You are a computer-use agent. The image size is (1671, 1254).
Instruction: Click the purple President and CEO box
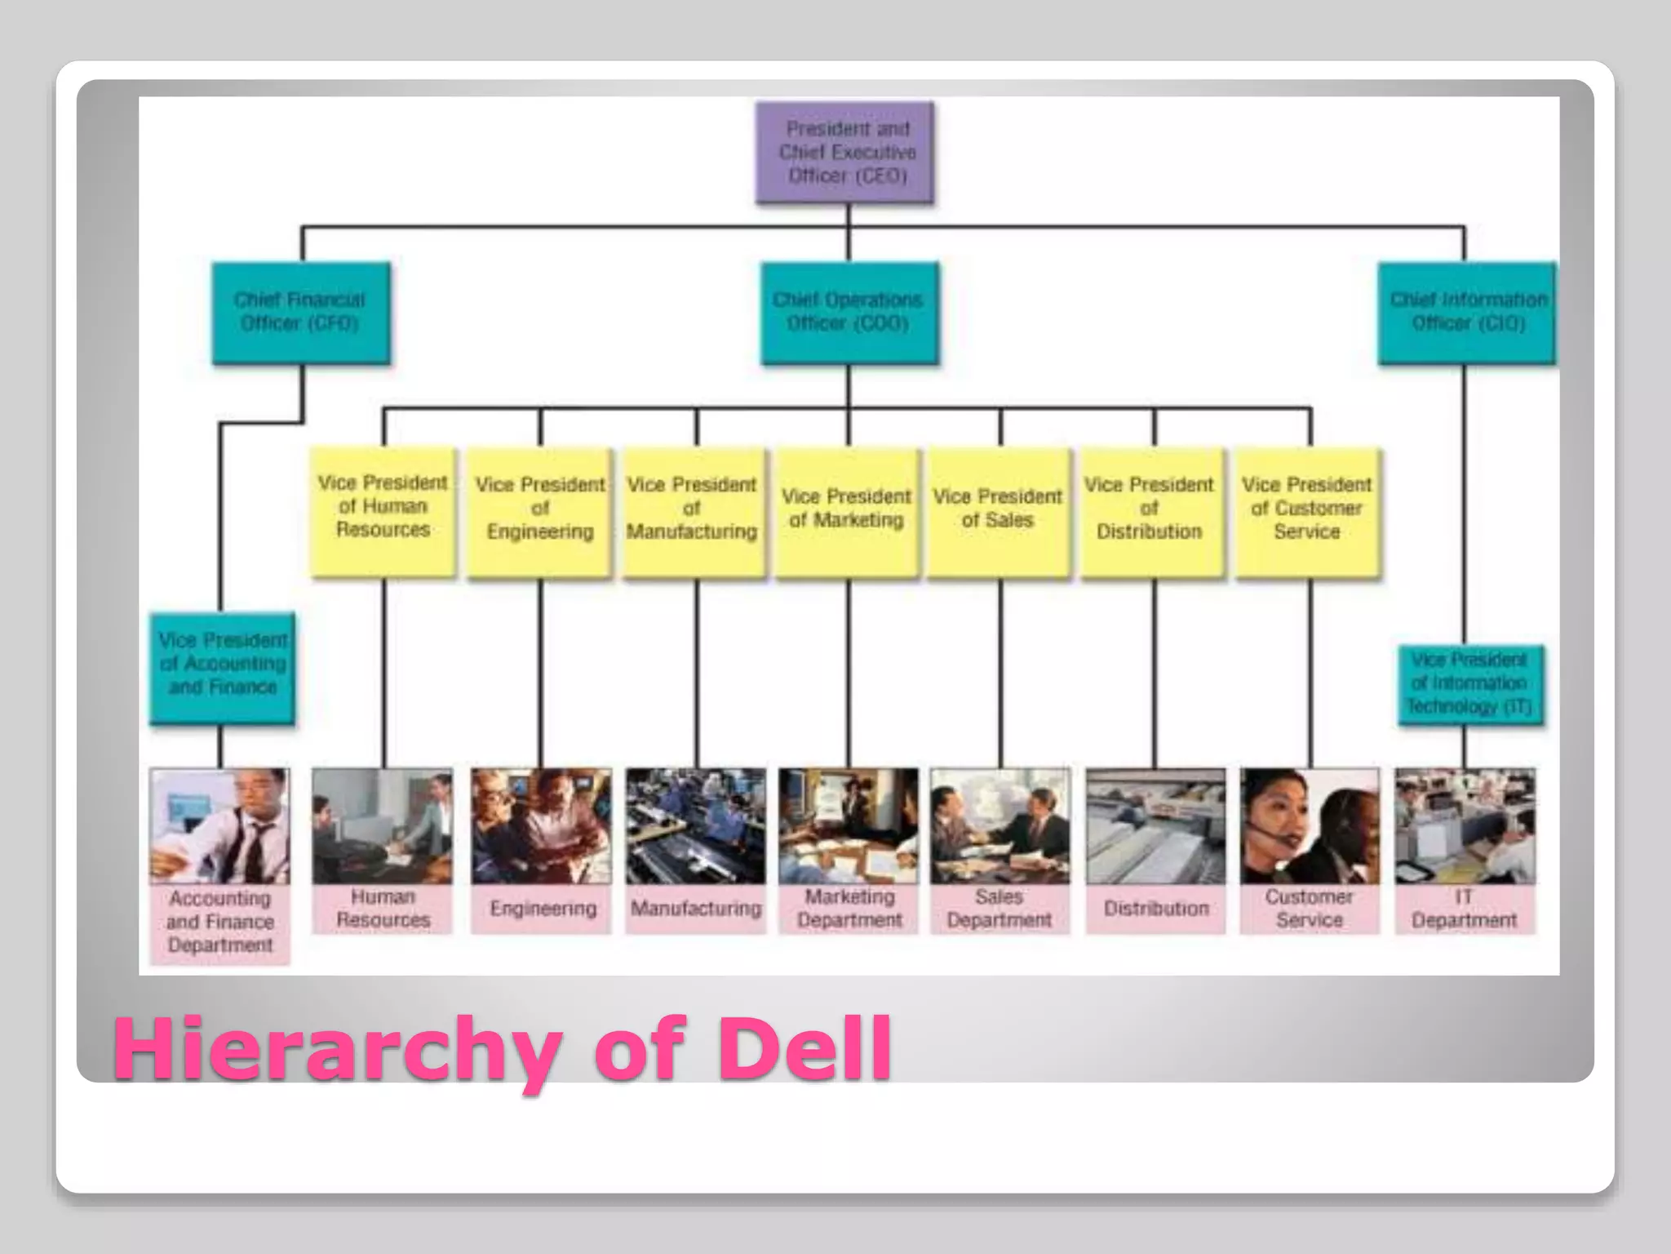[x=845, y=153]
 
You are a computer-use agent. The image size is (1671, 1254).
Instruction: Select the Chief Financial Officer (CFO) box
[x=300, y=313]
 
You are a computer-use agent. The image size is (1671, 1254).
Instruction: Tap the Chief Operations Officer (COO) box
[x=849, y=313]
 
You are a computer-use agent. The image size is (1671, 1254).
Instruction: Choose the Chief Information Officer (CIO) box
[x=1467, y=313]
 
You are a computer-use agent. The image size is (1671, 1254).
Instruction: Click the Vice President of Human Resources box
[x=383, y=512]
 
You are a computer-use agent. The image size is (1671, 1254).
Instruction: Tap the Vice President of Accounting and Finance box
[x=222, y=669]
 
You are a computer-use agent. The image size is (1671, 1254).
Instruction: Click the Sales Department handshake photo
[x=999, y=826]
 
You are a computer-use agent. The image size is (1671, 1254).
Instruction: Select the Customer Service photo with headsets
[x=1309, y=826]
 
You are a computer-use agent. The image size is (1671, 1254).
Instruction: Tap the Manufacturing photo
[x=695, y=826]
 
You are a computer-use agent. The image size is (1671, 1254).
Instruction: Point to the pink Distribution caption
[x=1155, y=909]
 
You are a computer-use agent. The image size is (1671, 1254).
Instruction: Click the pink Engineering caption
[x=542, y=909]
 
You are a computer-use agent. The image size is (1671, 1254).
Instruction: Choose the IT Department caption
[x=1464, y=909]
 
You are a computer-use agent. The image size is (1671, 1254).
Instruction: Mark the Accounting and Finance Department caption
[x=219, y=923]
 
